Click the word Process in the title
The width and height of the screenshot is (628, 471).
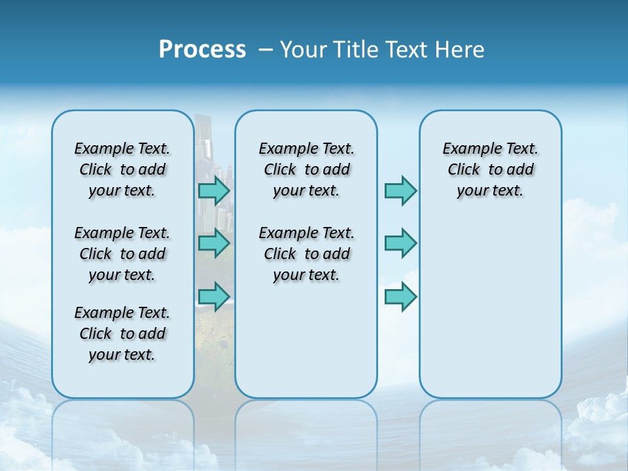[x=202, y=50]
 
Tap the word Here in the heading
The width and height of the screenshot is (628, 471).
[x=458, y=50]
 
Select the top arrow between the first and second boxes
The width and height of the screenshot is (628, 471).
[x=214, y=191]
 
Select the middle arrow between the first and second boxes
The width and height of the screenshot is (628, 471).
[x=214, y=243]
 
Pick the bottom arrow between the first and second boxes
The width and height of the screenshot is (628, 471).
[x=214, y=296]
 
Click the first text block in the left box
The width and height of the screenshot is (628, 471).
[x=122, y=169]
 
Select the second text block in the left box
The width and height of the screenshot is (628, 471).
[x=122, y=254]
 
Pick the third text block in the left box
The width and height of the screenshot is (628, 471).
[x=122, y=334]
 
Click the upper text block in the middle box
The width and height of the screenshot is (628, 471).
[x=306, y=169]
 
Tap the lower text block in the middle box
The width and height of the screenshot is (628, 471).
[x=306, y=254]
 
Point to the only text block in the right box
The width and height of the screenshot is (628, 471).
[x=491, y=169]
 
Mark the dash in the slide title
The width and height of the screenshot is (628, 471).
[x=266, y=50]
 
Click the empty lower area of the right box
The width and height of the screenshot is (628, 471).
[x=491, y=314]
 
